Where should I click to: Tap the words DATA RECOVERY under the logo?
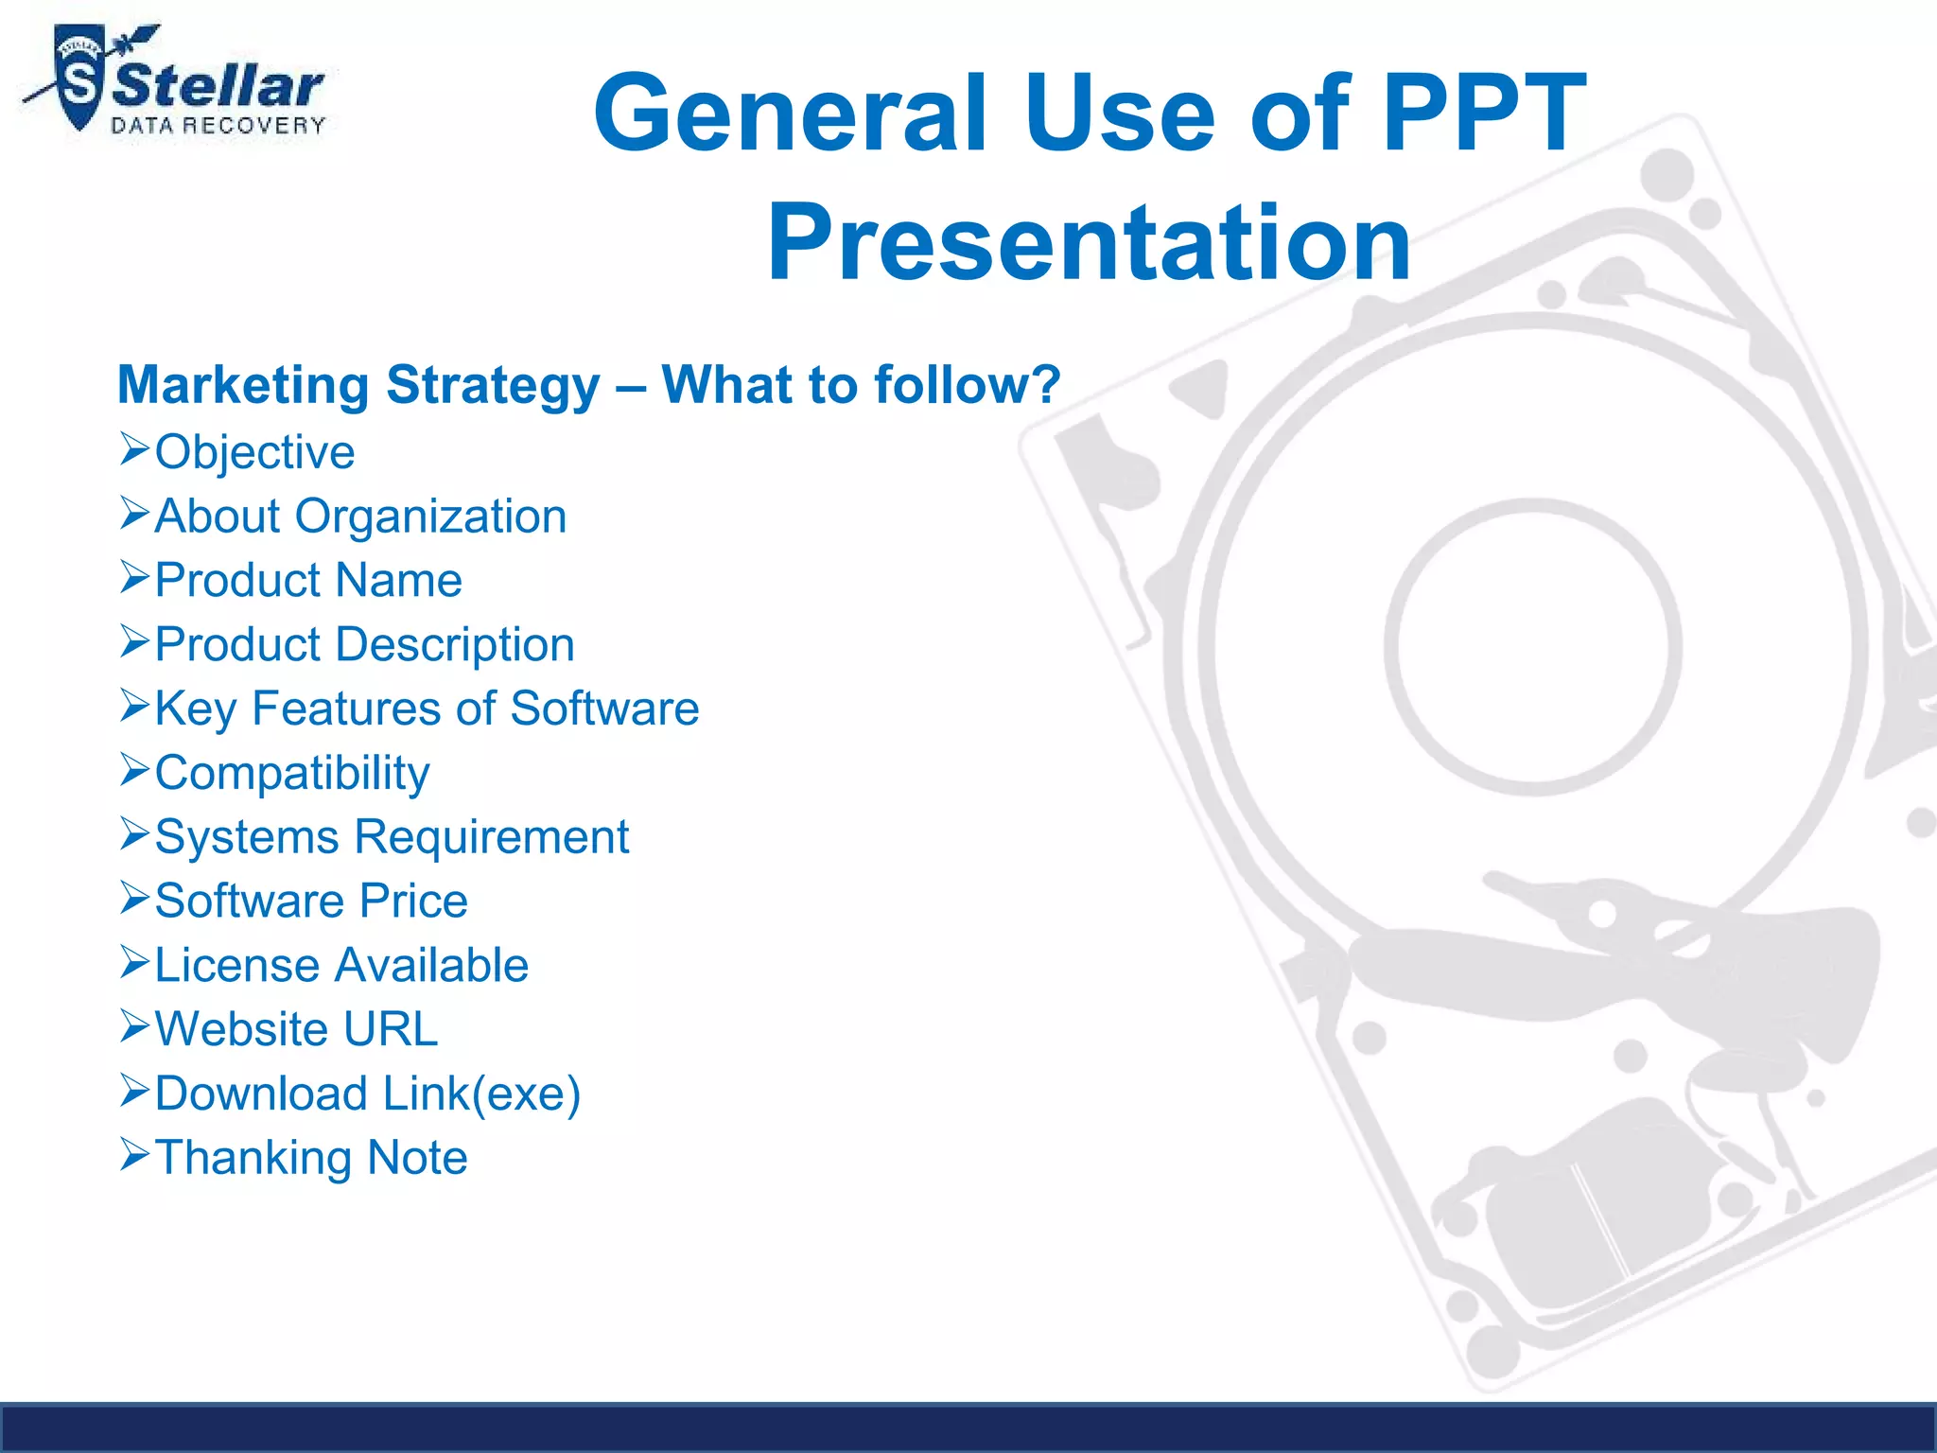click(218, 127)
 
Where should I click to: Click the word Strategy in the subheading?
click(493, 386)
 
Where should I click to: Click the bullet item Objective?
click(254, 452)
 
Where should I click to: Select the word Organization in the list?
click(430, 516)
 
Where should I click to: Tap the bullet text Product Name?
click(308, 580)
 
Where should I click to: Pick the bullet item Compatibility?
click(292, 773)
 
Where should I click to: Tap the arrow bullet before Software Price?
click(134, 899)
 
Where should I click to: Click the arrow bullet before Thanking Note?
click(134, 1155)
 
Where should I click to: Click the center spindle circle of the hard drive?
click(1532, 647)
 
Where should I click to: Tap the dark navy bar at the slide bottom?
click(968, 1428)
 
